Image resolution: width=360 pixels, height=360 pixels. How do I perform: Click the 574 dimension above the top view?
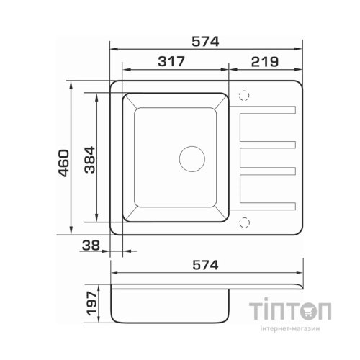(x=205, y=42)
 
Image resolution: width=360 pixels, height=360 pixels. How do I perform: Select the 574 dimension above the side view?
(x=206, y=265)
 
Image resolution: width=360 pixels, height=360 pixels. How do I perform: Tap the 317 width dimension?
(x=171, y=61)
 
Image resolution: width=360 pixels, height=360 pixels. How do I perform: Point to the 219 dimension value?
(x=265, y=62)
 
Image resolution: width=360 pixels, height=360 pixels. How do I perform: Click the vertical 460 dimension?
(x=64, y=163)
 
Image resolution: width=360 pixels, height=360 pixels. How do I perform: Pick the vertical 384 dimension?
(x=90, y=160)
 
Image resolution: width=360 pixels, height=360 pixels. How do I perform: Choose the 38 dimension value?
(x=91, y=246)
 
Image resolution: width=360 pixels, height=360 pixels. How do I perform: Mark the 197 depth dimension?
(x=91, y=303)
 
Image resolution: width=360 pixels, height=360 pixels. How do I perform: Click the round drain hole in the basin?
(x=192, y=159)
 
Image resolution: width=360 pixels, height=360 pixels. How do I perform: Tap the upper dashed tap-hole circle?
(x=244, y=96)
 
